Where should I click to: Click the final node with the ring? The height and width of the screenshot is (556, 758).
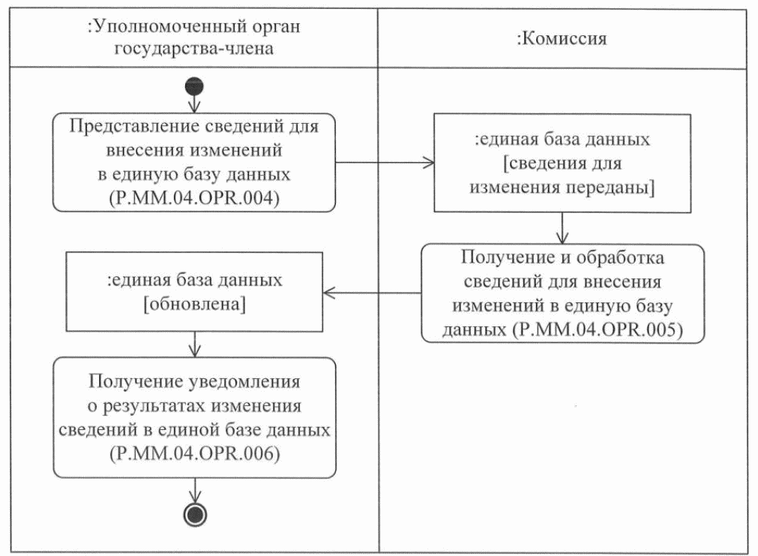195,514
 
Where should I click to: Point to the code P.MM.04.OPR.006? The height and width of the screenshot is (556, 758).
194,453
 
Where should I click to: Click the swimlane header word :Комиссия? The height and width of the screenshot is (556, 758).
562,40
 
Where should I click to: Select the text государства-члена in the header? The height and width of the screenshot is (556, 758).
193,50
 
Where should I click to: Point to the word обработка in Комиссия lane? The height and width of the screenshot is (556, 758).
625,260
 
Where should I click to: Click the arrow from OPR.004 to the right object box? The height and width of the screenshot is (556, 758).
382,162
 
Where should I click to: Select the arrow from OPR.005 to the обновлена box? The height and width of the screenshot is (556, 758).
371,293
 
